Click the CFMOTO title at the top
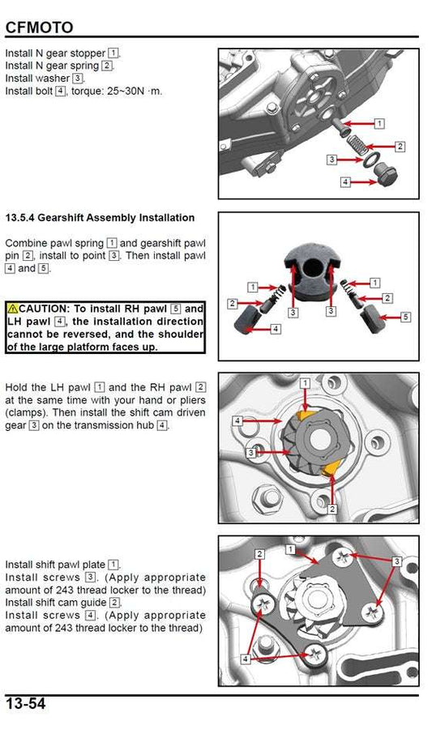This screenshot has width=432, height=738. point(39,28)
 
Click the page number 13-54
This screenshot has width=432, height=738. point(26,704)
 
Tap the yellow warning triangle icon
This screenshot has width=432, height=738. point(12,309)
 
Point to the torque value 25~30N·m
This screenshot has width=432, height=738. point(132,91)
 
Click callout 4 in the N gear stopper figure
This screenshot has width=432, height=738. point(344,183)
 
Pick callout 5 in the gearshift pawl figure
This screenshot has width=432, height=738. point(406,316)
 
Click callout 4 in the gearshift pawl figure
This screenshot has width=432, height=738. point(275,329)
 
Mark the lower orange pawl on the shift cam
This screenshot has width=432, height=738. point(329,471)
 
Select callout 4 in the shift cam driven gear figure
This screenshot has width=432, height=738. point(237,421)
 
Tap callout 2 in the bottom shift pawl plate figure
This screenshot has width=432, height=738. point(259,553)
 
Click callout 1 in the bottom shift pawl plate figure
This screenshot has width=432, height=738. point(291,549)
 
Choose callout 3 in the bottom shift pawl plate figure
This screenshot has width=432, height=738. point(396,561)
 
